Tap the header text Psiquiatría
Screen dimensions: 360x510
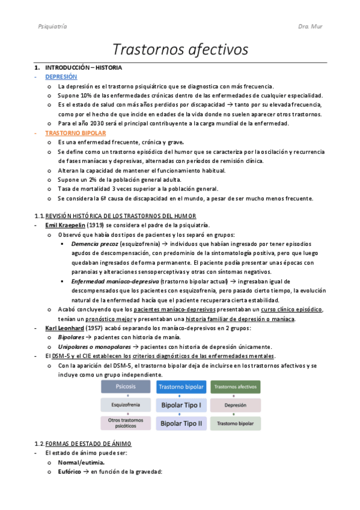click(x=52, y=26)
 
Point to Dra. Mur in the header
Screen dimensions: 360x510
click(x=310, y=26)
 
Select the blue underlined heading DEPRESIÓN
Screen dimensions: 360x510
click(x=61, y=77)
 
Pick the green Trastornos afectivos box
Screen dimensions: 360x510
click(x=235, y=387)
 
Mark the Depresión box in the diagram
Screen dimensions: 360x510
click(x=235, y=405)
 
